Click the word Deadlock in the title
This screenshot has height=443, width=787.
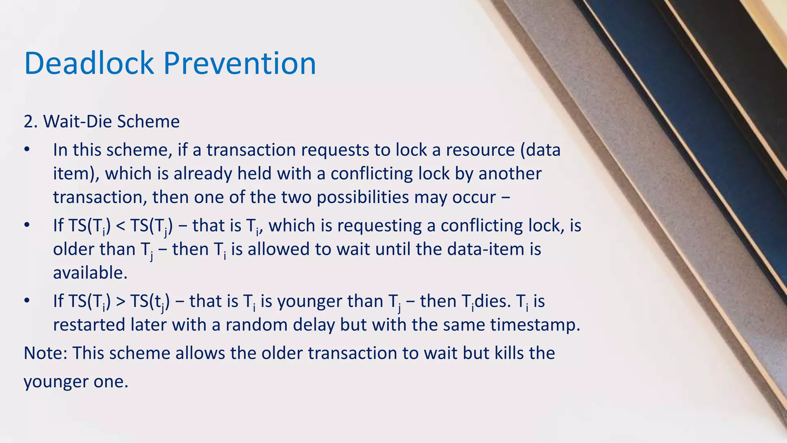(x=89, y=63)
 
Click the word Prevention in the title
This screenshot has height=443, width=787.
(x=240, y=63)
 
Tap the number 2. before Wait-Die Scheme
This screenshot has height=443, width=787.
(x=30, y=122)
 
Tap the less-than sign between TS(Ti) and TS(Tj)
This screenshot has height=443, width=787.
(x=120, y=226)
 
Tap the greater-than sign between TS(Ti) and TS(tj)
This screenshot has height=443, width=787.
(x=120, y=301)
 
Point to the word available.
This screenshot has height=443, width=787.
(x=90, y=273)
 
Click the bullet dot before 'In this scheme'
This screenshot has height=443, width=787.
(x=27, y=150)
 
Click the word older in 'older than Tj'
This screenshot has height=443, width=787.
(x=73, y=250)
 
